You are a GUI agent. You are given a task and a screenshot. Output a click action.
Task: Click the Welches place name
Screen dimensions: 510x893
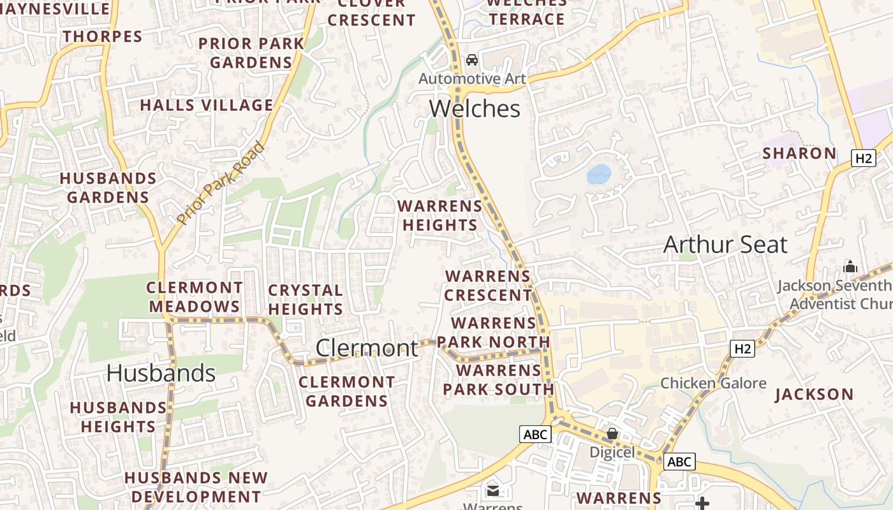click(x=475, y=109)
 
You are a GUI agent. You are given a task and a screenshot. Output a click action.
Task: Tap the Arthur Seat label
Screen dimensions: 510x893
click(x=725, y=245)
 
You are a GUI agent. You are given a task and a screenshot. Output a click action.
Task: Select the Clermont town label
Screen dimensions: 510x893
click(x=367, y=348)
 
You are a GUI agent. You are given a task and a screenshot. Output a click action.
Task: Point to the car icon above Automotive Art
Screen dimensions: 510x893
click(x=472, y=60)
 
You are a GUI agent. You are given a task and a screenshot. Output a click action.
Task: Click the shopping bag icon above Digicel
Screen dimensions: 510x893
click(x=612, y=434)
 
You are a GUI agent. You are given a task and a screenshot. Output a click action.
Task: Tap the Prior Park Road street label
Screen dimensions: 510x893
click(x=221, y=184)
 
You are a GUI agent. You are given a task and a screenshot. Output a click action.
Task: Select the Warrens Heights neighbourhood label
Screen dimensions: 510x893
click(x=440, y=215)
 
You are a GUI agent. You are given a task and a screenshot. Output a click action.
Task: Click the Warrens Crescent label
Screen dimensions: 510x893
click(x=488, y=286)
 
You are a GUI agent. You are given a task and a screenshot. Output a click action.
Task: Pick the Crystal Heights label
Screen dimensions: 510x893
click(x=306, y=300)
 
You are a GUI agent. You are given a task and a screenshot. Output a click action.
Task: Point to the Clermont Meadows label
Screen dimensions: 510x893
click(x=195, y=297)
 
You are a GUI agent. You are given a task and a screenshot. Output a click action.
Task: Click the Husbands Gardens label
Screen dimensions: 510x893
click(x=108, y=187)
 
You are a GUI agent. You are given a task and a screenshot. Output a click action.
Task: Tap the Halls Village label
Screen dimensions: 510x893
click(x=207, y=105)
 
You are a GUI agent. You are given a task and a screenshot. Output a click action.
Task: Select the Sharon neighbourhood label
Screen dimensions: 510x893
click(x=799, y=154)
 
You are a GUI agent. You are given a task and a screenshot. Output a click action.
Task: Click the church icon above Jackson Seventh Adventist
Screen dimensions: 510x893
click(x=850, y=266)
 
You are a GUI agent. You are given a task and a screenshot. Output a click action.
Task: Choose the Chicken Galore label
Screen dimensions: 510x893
click(x=713, y=383)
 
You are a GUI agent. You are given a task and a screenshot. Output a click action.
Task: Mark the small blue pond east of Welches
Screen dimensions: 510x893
click(x=599, y=174)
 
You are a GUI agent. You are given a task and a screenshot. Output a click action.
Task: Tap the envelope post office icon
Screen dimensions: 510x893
click(x=493, y=490)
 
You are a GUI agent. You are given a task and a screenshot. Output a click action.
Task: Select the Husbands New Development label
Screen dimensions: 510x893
click(x=196, y=487)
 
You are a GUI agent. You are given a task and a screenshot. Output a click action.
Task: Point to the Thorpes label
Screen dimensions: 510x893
click(x=103, y=36)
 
